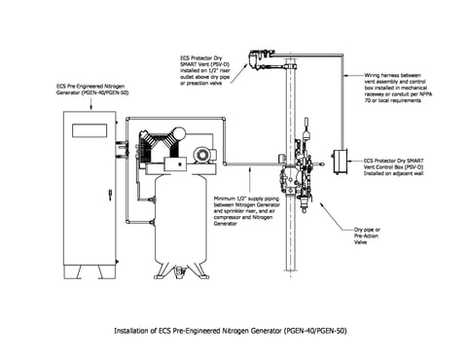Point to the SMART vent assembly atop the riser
coord(262,57)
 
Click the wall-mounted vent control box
coord(340,161)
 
